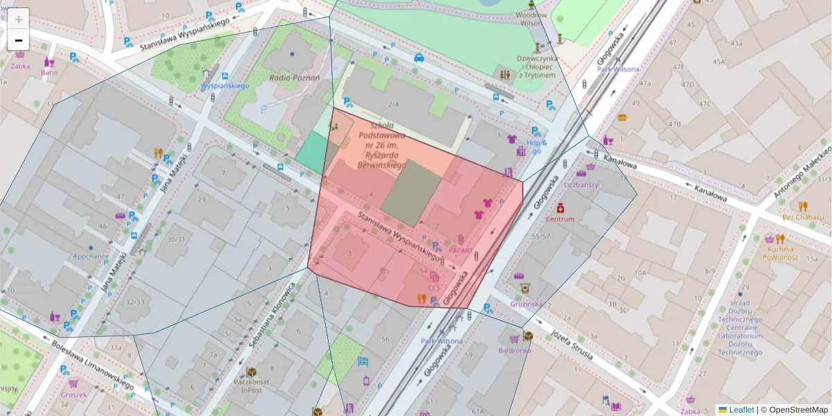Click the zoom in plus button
19,19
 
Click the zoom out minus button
19,40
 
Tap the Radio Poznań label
295,78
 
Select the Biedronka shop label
514,350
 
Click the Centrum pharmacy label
560,218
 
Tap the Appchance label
91,256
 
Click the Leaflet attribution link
741,410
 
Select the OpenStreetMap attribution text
798,410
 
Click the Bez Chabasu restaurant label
802,217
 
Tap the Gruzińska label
526,304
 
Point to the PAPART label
461,250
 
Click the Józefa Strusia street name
572,344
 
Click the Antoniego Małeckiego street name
801,171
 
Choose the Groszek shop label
73,395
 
